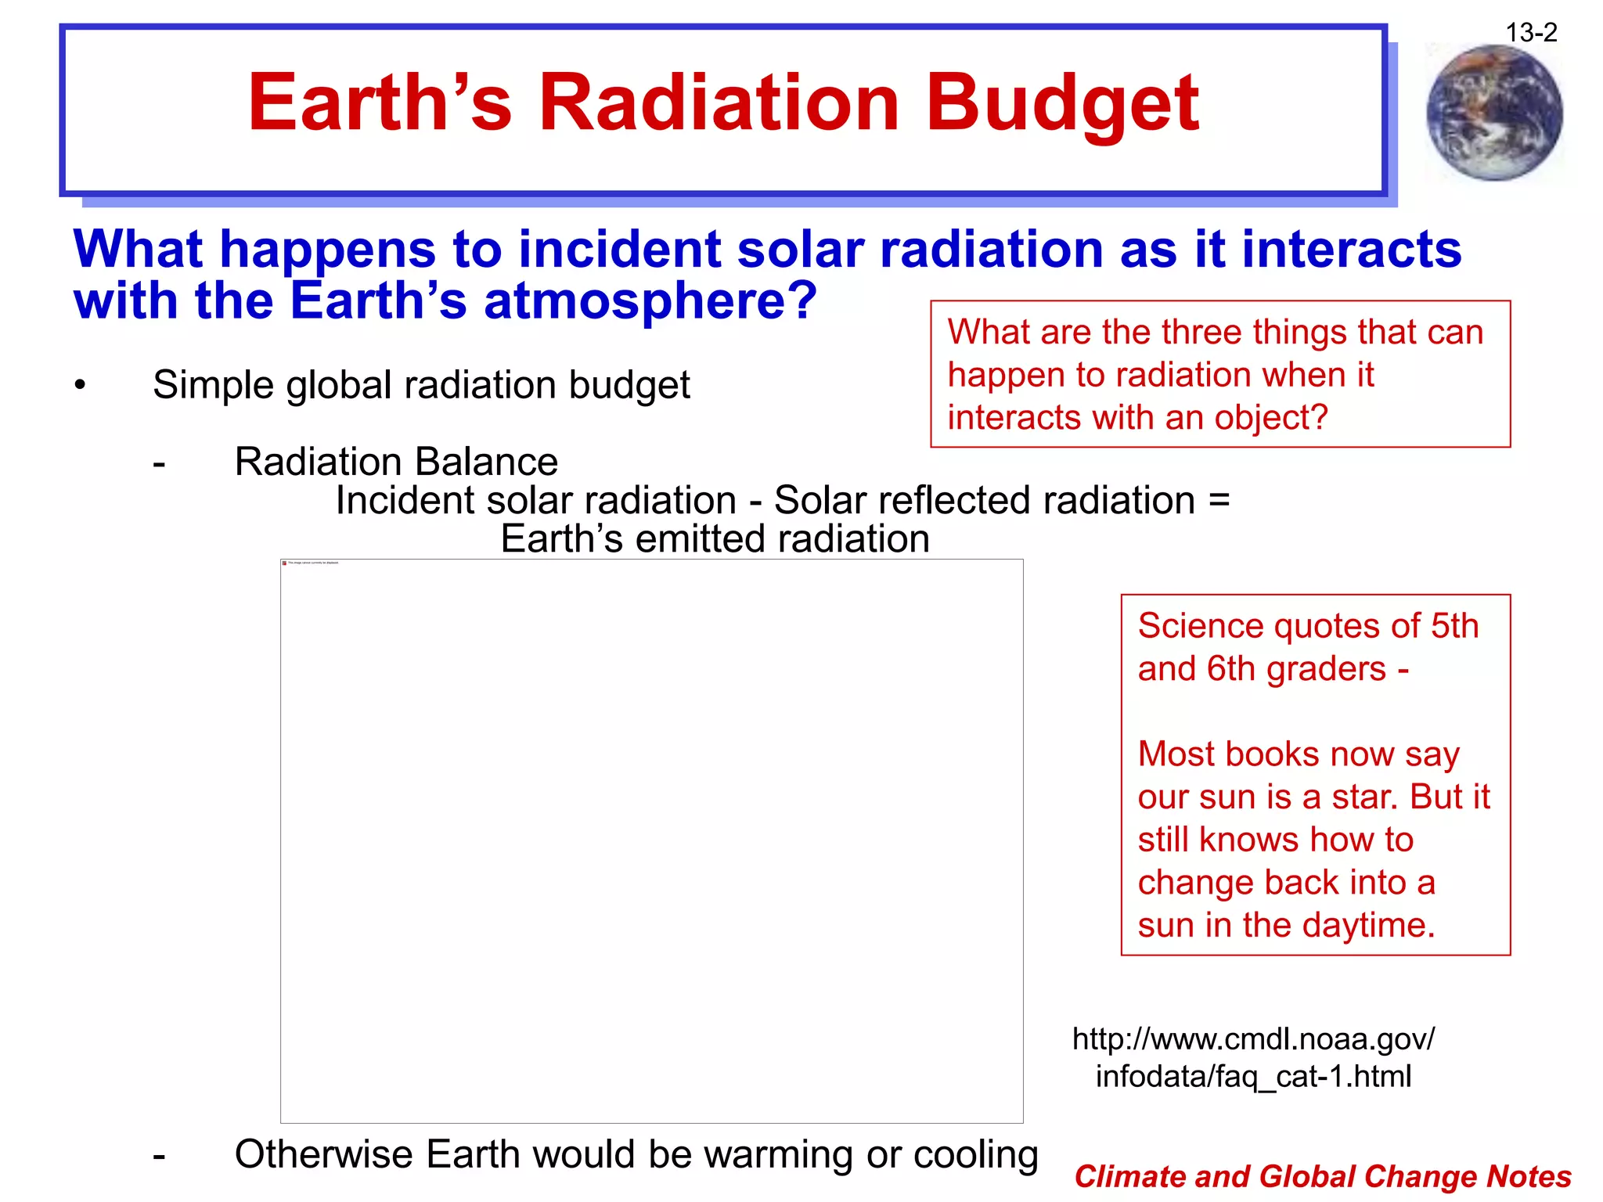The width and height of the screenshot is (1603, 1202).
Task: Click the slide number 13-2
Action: coord(1531,33)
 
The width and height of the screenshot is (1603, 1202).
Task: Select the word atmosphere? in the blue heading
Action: coord(650,301)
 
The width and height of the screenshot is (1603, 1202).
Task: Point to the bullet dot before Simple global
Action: coord(80,385)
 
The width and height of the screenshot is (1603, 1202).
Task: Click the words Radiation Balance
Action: coord(396,462)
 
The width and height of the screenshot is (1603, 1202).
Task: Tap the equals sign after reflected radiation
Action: coord(1219,500)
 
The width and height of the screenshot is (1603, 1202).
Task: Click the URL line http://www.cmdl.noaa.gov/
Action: coord(1253,1039)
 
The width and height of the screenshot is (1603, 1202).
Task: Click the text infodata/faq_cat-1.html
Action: coord(1253,1077)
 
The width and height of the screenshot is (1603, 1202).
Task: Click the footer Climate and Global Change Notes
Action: coord(1322,1177)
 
